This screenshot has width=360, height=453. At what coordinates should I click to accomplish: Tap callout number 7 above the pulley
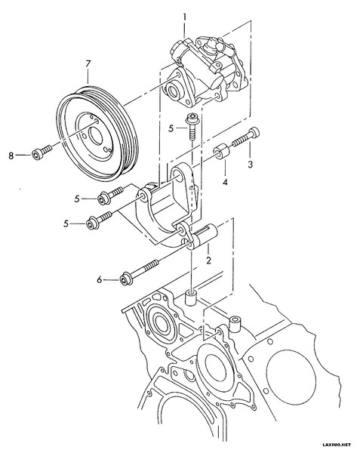tap(88, 64)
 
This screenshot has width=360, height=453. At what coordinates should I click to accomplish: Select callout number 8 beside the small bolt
tap(11, 156)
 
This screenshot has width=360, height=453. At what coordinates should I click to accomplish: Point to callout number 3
tap(251, 165)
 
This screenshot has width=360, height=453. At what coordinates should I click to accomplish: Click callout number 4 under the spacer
tap(225, 182)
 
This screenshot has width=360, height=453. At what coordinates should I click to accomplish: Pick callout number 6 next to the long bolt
tap(100, 279)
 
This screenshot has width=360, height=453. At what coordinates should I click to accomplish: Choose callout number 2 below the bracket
tap(208, 260)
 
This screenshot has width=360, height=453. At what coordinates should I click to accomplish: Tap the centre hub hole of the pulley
tap(95, 136)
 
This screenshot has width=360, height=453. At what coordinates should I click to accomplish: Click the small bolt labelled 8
tap(42, 153)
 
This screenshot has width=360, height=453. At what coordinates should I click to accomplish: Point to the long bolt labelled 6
tap(139, 273)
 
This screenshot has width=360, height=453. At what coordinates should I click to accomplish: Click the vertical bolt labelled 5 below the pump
tap(192, 126)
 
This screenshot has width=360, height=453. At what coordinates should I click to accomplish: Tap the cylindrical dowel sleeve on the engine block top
tap(191, 298)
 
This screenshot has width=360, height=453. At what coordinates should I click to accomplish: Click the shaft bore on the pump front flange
tap(174, 91)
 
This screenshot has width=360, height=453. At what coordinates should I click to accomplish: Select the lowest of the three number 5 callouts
tap(66, 224)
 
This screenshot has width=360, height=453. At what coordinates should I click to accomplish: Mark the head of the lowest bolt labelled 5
tap(91, 224)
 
